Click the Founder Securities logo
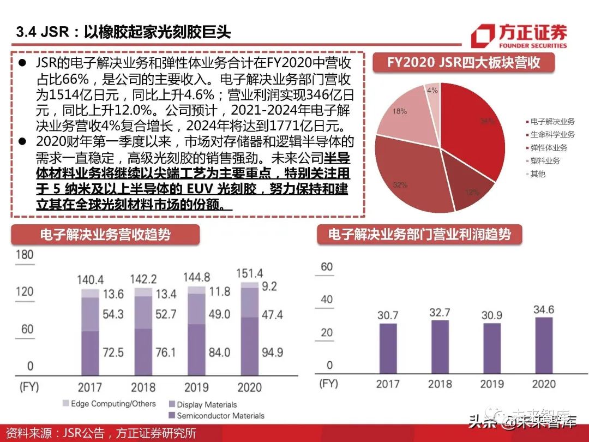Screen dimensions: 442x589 519,35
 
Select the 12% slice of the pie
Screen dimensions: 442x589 472,192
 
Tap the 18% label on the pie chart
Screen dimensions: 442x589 399,111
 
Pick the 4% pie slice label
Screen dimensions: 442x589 432,91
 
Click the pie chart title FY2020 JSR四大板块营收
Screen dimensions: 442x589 464,62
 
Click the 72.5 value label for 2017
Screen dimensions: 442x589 113,353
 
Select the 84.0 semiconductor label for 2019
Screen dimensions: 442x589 219,353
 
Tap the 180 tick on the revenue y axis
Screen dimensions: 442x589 25,255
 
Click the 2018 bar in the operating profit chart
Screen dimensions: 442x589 440,346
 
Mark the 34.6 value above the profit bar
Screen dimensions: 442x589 543,310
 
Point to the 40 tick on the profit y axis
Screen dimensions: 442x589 327,300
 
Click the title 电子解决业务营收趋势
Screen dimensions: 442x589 105,235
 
